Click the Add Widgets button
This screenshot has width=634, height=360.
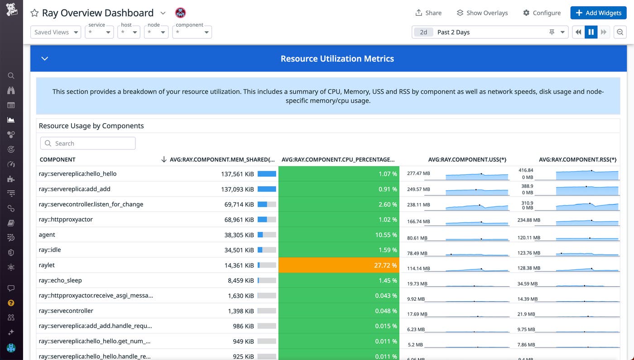[598, 13]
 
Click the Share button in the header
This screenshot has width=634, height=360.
[428, 13]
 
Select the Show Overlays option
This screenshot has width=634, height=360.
[482, 13]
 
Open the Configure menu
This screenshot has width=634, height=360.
[542, 13]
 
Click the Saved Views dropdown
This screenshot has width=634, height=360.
[56, 32]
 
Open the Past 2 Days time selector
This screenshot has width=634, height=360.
[490, 32]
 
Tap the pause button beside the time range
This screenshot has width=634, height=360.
[591, 32]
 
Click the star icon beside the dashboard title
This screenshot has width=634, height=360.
[34, 13]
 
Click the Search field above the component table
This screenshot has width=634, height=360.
[88, 144]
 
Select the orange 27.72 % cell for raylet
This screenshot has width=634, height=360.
[339, 265]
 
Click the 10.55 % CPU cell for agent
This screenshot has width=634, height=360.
[339, 235]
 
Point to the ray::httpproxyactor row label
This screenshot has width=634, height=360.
[66, 220]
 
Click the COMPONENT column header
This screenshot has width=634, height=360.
[58, 159]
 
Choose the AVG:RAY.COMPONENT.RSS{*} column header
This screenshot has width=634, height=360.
[577, 159]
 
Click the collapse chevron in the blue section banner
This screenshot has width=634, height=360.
[44, 58]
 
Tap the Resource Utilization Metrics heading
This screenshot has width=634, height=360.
[337, 58]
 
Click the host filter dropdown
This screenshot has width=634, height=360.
[129, 32]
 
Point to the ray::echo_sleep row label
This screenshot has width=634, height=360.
[60, 280]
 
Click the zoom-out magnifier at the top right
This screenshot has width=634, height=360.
[620, 32]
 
